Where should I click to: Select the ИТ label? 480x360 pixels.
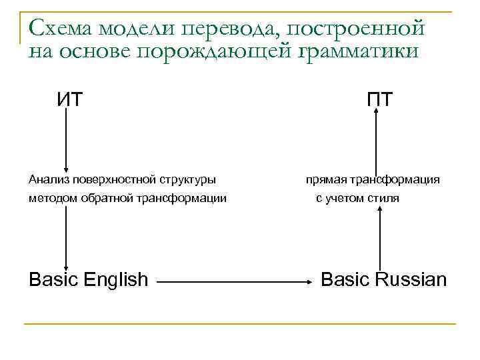coord(69,99)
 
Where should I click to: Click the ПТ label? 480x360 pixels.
coord(379,99)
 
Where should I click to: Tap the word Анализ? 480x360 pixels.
coord(50,179)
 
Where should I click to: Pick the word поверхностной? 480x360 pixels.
coord(115,179)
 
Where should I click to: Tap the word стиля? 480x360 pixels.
coord(385,198)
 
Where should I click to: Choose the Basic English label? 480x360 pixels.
coord(88,279)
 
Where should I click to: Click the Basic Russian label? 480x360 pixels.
coord(383,279)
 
